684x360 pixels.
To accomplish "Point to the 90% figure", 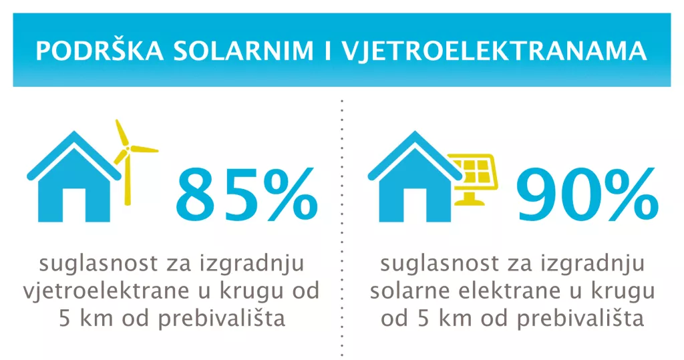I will click(586, 198).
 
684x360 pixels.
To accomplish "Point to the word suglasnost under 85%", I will click(92, 264).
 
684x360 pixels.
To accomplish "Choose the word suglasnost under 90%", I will click(433, 264).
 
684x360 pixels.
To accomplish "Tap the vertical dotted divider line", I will click(342, 227).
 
